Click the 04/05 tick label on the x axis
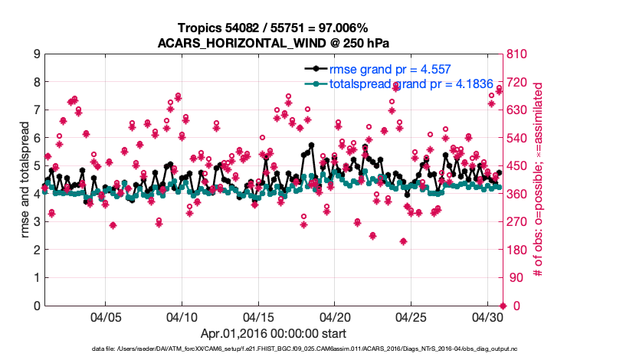point(106,316)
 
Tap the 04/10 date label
point(182,316)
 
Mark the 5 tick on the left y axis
point(37,166)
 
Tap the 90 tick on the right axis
point(512,278)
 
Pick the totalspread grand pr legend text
point(395,83)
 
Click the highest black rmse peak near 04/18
point(311,145)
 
